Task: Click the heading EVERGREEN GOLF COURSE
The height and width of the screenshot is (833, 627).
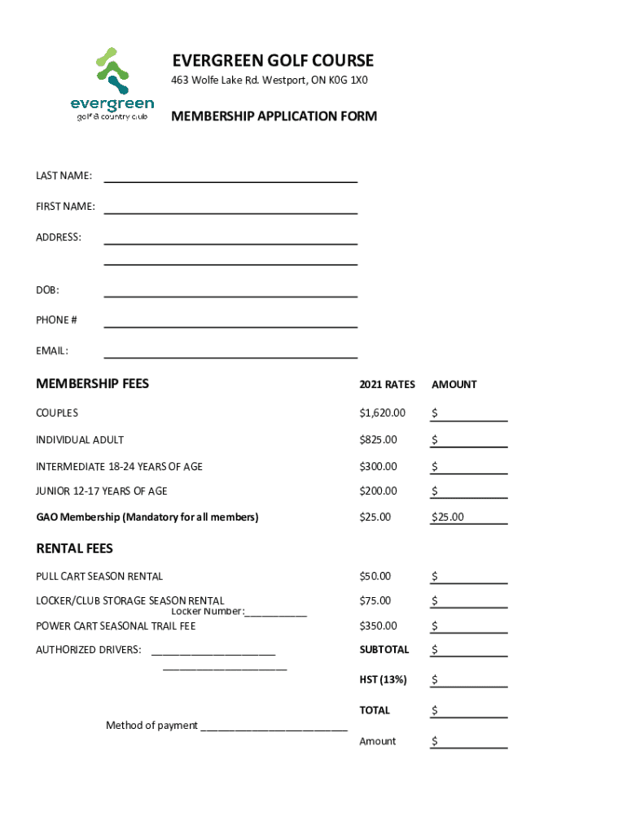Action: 273,61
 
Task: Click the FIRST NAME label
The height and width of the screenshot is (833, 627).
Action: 65,207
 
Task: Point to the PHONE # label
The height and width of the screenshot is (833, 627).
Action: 56,320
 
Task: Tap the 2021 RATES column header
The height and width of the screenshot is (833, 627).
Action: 387,385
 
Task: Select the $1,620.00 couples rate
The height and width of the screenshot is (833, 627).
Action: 382,413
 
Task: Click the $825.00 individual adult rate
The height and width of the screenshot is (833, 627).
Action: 378,440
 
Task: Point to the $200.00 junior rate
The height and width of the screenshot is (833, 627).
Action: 378,491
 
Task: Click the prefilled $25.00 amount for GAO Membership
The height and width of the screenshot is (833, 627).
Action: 448,517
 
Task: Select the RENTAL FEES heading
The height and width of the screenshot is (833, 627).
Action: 74,548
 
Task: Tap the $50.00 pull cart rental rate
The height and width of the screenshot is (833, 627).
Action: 375,577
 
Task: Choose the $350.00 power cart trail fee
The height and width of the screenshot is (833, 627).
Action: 378,626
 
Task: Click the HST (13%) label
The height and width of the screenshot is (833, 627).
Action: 383,680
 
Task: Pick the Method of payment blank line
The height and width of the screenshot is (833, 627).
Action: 274,727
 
